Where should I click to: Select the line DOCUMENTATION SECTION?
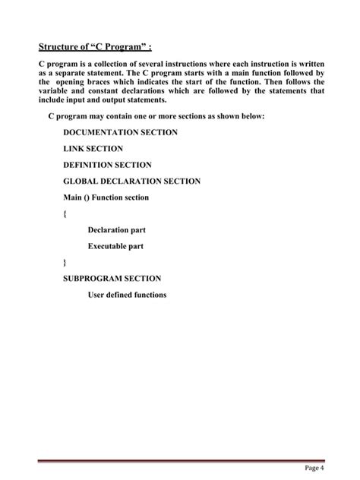point(120,132)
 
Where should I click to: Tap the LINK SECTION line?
point(93,149)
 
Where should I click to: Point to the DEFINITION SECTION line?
point(107,165)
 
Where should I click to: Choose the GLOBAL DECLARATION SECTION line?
point(131,181)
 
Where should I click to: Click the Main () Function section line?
point(106,197)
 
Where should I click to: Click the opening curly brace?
point(65,213)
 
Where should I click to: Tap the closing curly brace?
point(65,263)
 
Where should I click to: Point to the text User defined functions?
point(127,295)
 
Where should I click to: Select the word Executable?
point(108,246)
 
